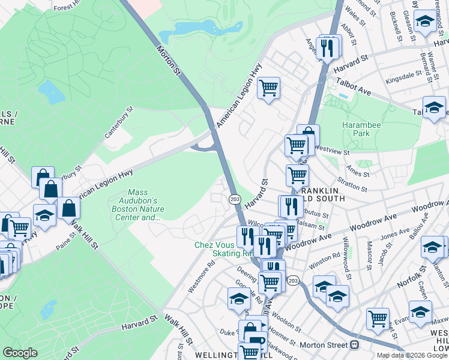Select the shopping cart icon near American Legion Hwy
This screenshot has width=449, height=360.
tap(269, 89)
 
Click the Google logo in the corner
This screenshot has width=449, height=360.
tap(20, 353)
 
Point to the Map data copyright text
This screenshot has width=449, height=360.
tap(411, 355)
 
